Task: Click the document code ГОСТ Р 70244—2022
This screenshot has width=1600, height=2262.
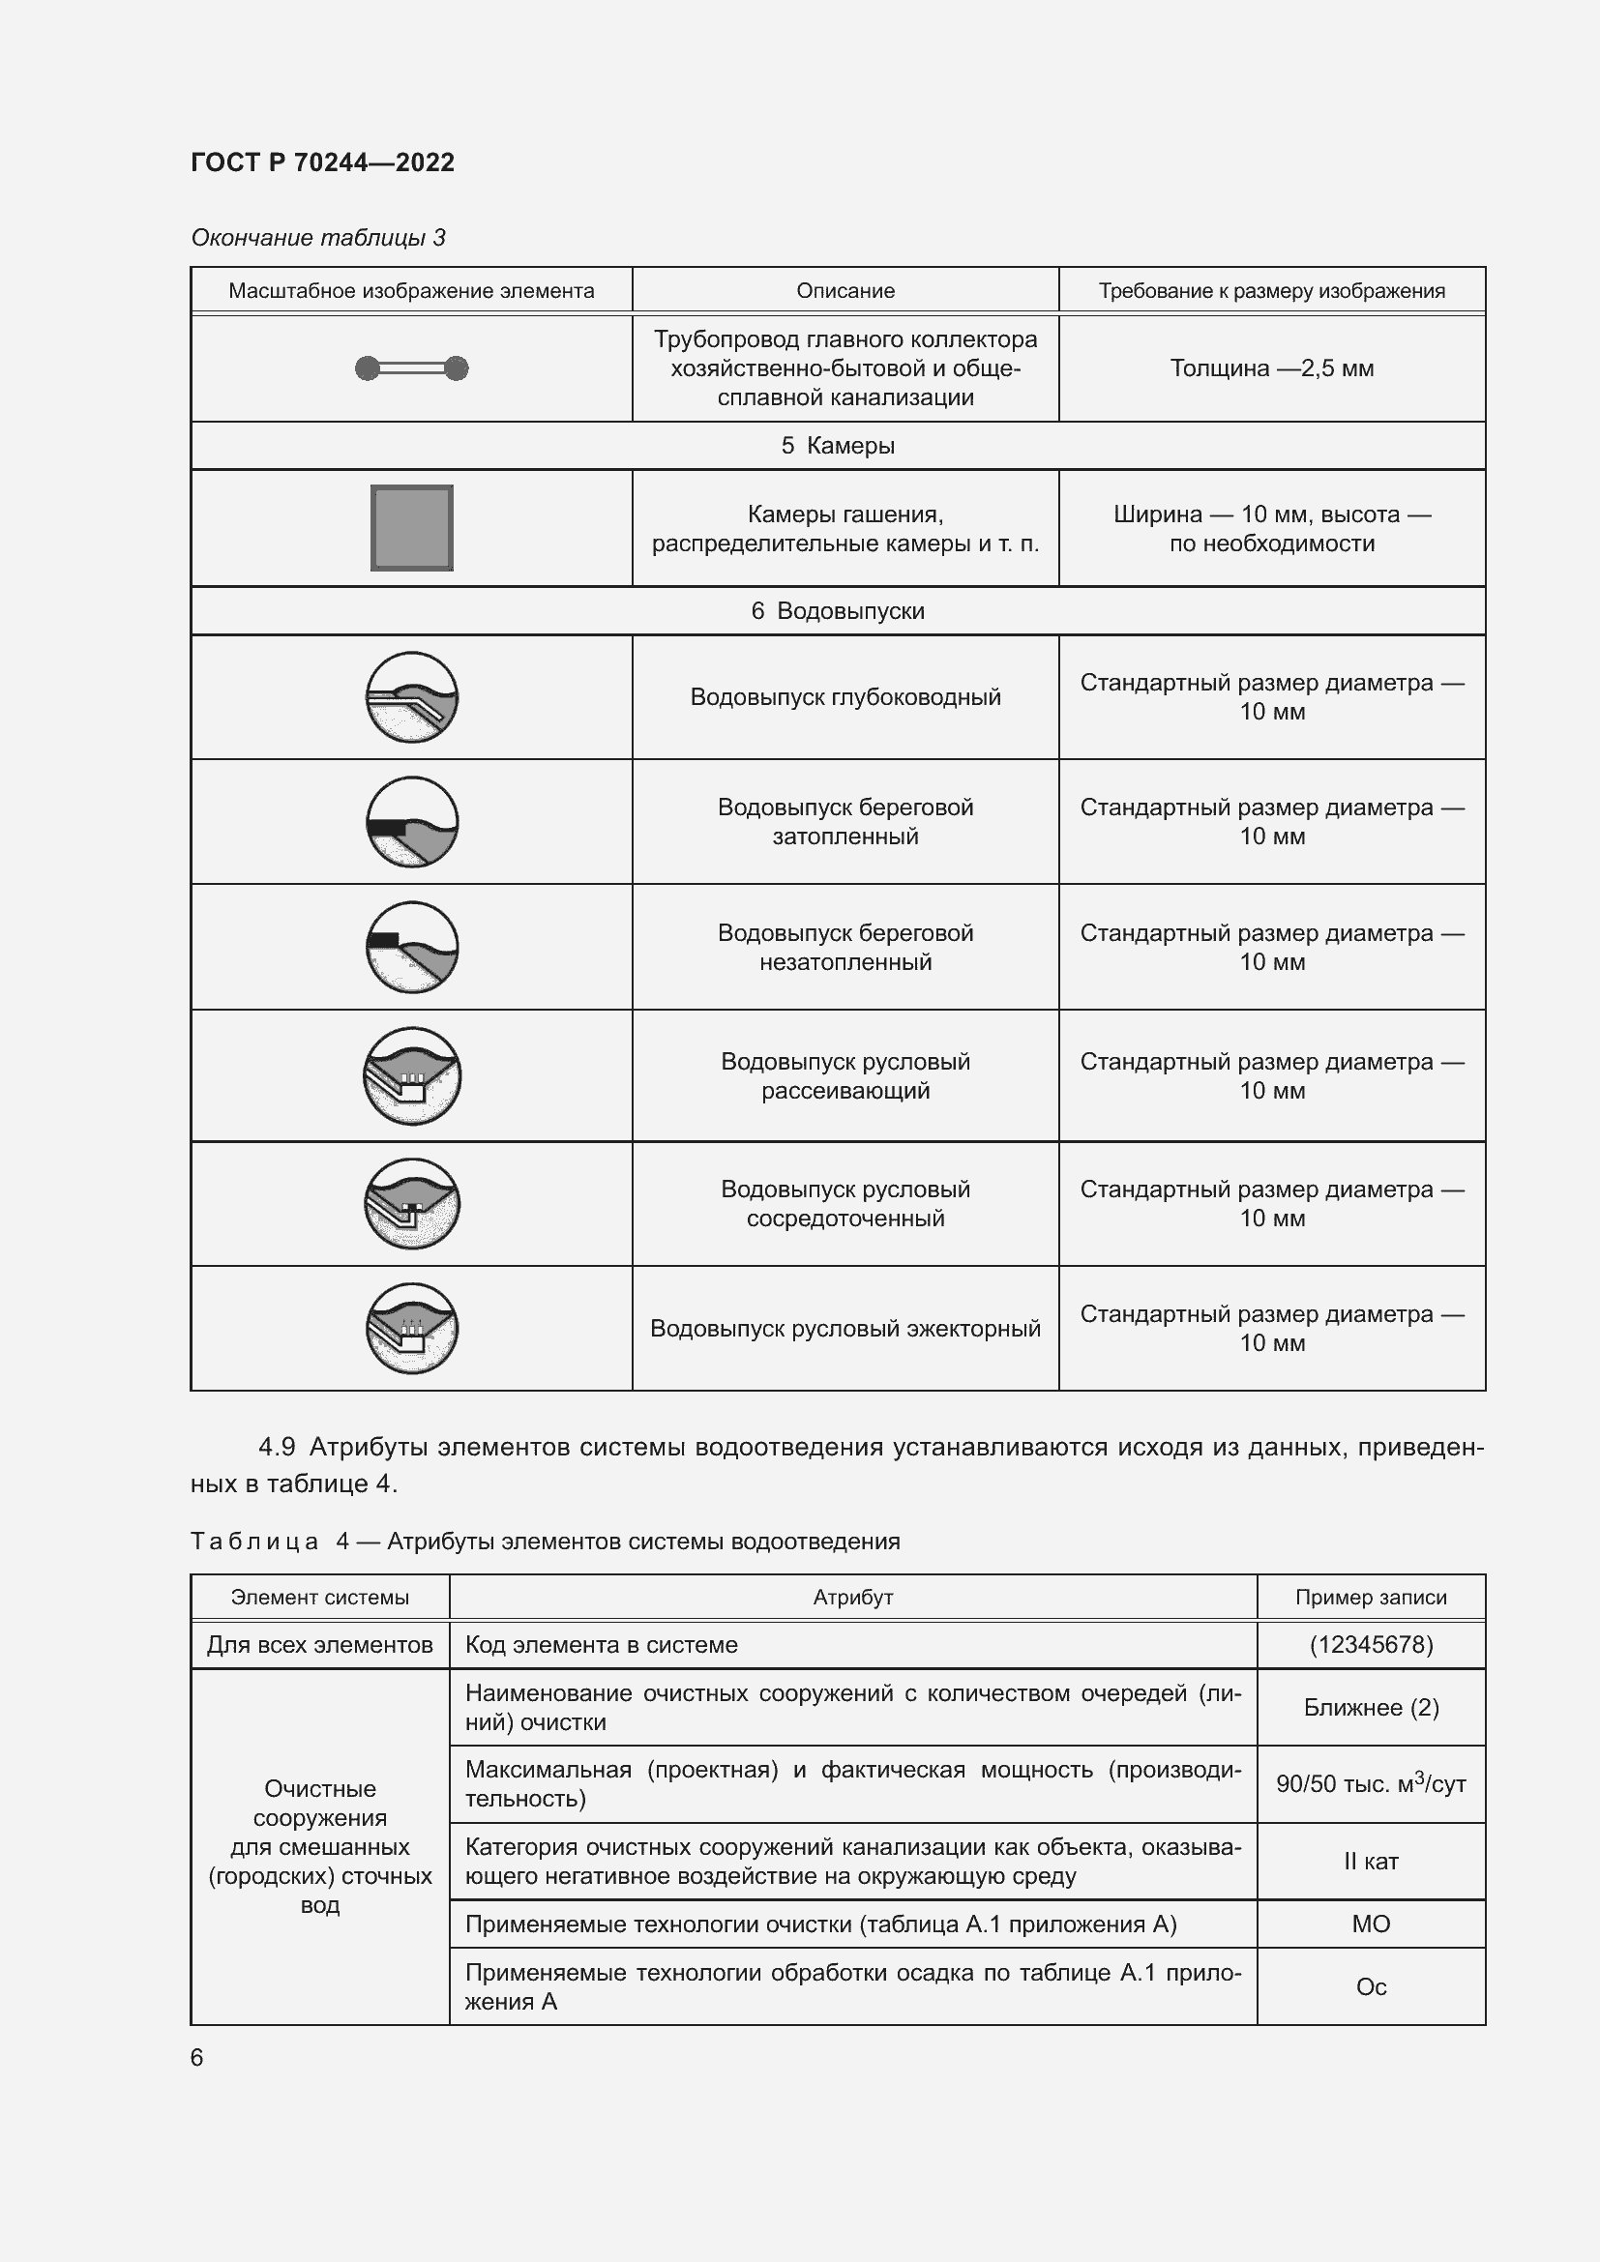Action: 322,162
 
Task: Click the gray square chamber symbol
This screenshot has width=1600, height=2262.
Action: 412,527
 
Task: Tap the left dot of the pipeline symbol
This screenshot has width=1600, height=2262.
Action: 368,368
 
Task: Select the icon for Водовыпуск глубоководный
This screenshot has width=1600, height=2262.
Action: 412,697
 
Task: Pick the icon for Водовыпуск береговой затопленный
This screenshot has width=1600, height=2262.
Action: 412,822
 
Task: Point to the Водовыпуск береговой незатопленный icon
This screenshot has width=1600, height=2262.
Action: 412,947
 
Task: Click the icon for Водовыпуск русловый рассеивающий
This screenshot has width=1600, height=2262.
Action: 412,1074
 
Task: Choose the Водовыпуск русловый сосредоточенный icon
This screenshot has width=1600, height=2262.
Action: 412,1203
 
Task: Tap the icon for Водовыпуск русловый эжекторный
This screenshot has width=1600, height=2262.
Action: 412,1328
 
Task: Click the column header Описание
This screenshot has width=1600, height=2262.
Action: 845,291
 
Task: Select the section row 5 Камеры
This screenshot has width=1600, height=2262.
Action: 838,445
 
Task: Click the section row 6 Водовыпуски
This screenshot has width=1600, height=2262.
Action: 838,611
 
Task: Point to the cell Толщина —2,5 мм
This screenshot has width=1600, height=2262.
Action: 1271,368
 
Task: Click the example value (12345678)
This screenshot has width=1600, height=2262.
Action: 1371,1644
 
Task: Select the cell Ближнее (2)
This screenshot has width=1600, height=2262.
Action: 1371,1707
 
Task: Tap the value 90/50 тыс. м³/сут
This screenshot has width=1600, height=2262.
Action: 1371,1784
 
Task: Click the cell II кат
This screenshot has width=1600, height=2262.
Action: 1371,1861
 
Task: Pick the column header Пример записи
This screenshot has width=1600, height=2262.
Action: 1371,1597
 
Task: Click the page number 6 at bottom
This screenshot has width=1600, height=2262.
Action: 197,2057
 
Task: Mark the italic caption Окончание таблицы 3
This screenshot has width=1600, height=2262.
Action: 318,238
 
